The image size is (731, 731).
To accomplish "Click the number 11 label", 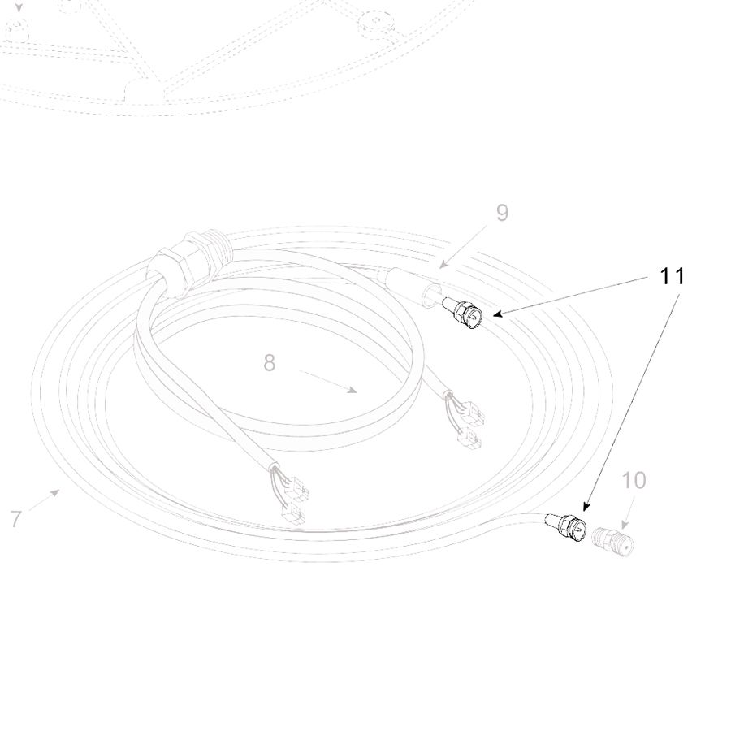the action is [x=673, y=276].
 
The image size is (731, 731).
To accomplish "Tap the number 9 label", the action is [x=502, y=213].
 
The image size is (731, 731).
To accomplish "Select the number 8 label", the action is [x=270, y=363].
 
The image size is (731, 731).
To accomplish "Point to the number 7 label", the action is [x=16, y=519].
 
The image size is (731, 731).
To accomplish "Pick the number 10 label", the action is [x=634, y=480].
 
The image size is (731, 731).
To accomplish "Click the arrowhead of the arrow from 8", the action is [x=353, y=391].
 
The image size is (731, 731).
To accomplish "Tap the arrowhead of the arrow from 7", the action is [x=55, y=492].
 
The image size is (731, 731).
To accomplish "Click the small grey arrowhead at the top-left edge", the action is [x=19, y=7].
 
